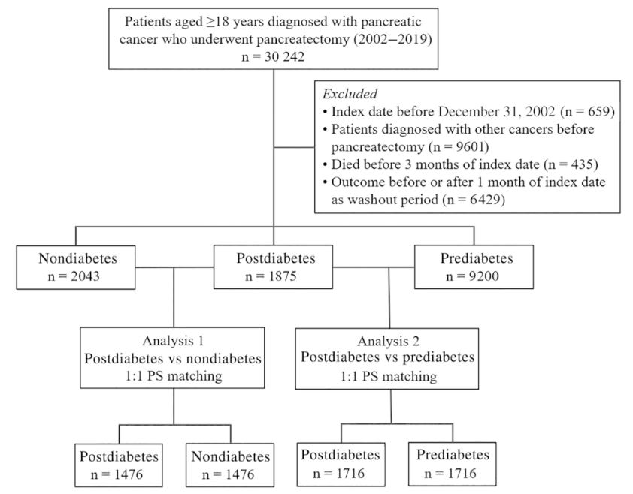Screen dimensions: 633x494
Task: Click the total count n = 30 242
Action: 274,57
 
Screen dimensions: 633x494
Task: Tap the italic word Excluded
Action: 350,94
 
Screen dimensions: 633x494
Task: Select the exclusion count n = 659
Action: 587,111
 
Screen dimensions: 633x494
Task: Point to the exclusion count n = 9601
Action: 461,147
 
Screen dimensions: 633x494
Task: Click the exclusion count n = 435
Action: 571,164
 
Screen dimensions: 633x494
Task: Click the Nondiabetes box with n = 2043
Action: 76,267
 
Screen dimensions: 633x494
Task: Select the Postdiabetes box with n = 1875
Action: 274,267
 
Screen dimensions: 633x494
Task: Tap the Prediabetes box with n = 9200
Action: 474,267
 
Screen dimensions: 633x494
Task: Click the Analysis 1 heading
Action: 173,341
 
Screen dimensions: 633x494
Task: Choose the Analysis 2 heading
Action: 389,341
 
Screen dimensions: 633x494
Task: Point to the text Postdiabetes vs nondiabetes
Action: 173,359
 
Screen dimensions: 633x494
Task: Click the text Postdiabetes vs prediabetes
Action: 388,357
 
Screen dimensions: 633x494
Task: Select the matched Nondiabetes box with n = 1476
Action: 230,465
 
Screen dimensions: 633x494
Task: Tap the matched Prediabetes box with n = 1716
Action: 452,464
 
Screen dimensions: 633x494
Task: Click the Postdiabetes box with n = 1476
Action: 119,465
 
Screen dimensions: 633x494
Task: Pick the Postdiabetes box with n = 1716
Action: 341,464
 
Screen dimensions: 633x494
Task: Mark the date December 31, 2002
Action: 496,111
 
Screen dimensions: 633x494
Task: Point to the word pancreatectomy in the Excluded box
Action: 377,147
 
